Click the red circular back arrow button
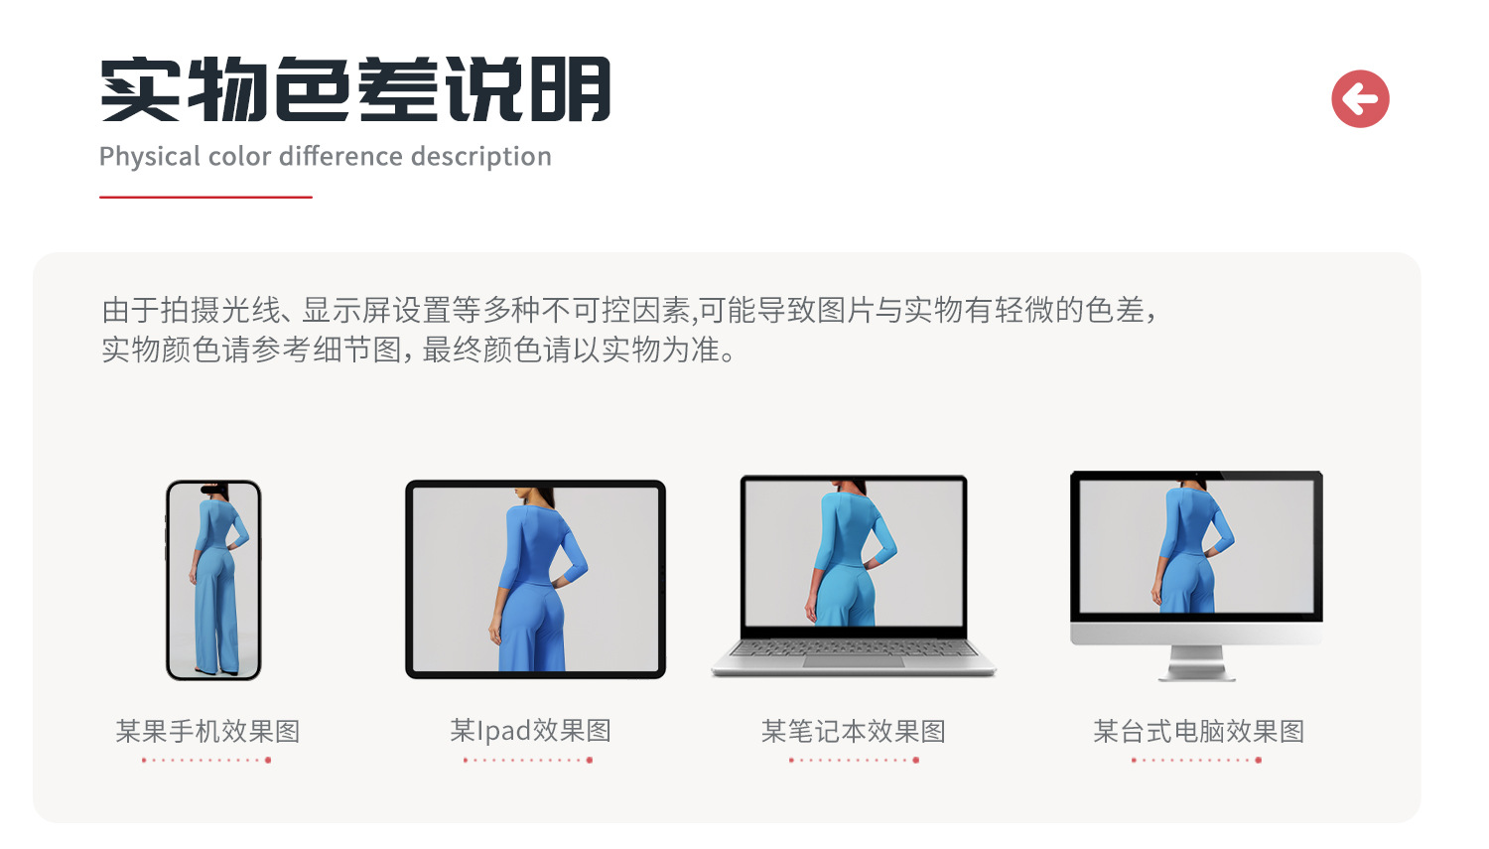[x=1360, y=98]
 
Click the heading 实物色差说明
[x=355, y=89]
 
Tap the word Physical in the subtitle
[x=148, y=157]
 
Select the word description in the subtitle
[x=481, y=157]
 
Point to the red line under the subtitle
[x=205, y=197]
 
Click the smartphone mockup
[x=213, y=580]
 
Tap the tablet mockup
[x=535, y=579]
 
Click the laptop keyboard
[x=854, y=647]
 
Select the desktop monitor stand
[x=1196, y=663]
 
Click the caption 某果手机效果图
[x=208, y=731]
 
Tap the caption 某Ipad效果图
[x=530, y=731]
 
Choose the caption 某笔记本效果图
[x=854, y=731]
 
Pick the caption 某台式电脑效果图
[x=1198, y=731]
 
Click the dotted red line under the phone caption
[x=206, y=760]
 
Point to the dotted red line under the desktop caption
[x=1196, y=760]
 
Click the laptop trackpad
[x=854, y=662]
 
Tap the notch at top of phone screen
[x=212, y=490]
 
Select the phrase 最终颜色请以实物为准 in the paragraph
[x=571, y=350]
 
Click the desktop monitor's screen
[x=1196, y=546]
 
